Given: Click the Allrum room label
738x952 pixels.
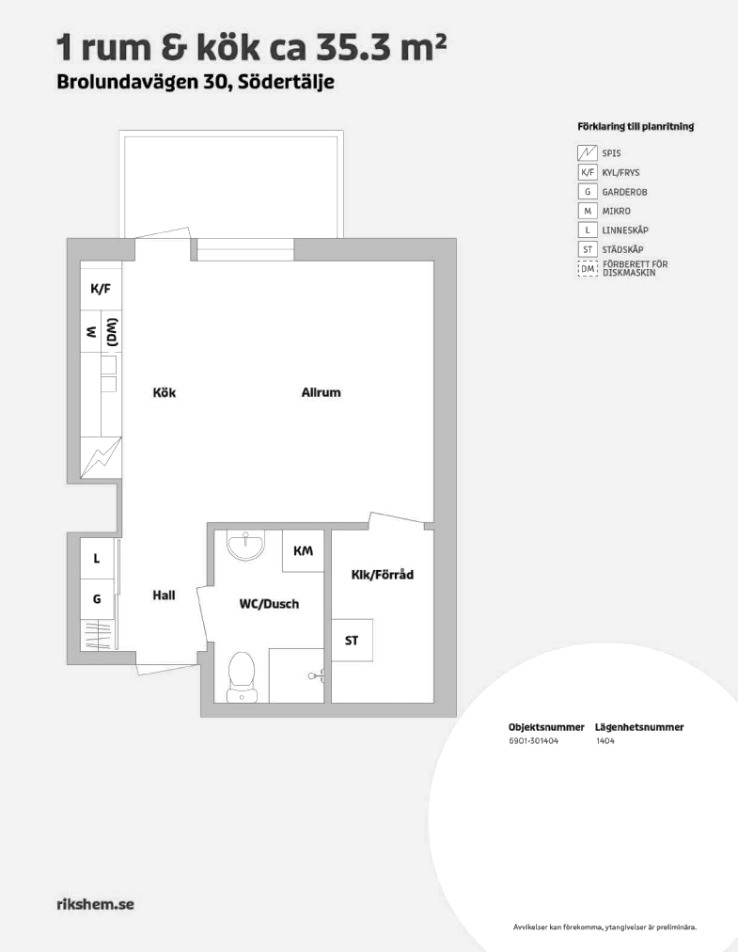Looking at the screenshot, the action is pos(322,392).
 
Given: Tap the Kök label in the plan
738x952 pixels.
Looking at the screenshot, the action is pos(164,393).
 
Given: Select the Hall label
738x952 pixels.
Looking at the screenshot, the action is pos(164,595).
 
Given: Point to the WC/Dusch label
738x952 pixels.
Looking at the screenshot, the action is pos(269,604).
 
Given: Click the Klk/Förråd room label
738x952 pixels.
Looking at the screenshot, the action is pos(383,575).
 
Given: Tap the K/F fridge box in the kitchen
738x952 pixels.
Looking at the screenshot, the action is pos(101,289).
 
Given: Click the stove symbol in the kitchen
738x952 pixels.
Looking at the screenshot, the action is pos(102,456).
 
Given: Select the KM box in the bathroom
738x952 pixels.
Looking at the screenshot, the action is pos(303,550).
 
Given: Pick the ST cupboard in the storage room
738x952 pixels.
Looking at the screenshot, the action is pos(352,640).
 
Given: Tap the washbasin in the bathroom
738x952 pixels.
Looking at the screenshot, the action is pos(245,544).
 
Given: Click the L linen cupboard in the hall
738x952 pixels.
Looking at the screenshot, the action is pos(97,558).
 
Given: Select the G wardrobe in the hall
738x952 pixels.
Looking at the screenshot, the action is pos(97,598).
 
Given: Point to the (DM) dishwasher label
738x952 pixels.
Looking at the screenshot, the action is pos(112,332).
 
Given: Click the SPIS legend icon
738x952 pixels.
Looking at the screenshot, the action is pos(588,153).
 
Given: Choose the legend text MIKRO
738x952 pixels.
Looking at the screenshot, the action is pos(616,212).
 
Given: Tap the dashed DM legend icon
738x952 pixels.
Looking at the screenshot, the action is pos(588,268).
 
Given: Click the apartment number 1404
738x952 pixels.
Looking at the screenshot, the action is pos(605,740).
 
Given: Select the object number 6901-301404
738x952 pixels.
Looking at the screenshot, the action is pos(533,740).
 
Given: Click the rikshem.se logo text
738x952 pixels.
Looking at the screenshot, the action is pos(95,904).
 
